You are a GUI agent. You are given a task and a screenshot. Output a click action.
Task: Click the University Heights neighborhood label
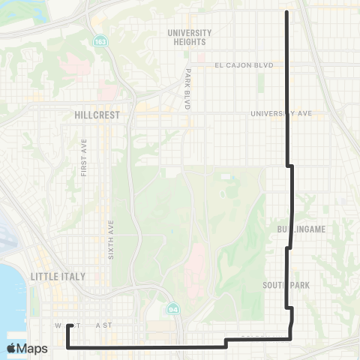pyautogui.click(x=190, y=37)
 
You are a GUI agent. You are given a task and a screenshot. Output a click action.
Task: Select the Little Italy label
pyautogui.click(x=58, y=276)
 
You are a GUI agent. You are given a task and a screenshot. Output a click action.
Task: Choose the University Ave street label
pyautogui.click(x=282, y=114)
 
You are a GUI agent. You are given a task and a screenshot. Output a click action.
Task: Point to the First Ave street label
pyautogui.click(x=84, y=157)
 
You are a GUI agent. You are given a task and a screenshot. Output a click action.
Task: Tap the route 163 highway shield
pyautogui.click(x=100, y=41)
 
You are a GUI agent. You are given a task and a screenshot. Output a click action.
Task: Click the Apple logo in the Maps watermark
pyautogui.click(x=11, y=348)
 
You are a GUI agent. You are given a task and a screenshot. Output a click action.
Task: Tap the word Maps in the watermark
pyautogui.click(x=33, y=349)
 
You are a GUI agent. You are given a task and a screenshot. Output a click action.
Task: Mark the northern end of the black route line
pyautogui.click(x=288, y=12)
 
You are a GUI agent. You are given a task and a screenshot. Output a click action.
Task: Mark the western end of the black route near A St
pyautogui.click(x=68, y=325)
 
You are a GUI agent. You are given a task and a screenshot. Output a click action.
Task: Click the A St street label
pyautogui.click(x=102, y=326)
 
